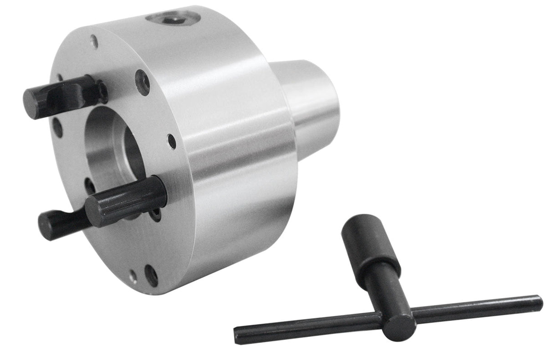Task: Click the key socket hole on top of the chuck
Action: (x=173, y=19)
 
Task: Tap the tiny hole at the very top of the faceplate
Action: (x=94, y=41)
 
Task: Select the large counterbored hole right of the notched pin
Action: (x=143, y=82)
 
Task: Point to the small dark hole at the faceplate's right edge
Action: (x=172, y=141)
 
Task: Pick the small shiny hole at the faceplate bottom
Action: (x=133, y=276)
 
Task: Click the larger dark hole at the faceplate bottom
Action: (x=151, y=276)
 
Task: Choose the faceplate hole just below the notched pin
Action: (x=57, y=128)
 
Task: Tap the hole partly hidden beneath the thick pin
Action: (x=156, y=214)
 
